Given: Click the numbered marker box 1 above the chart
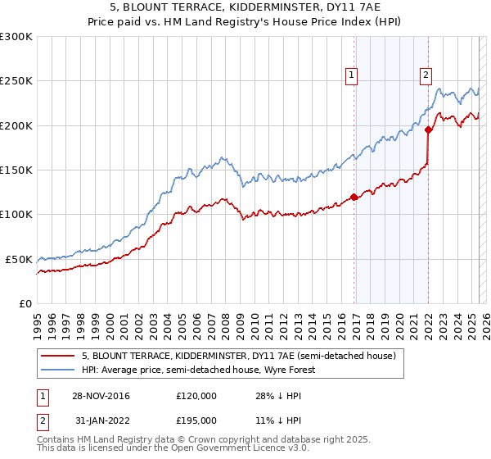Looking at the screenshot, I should (x=351, y=75).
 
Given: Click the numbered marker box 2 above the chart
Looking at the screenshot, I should (x=426, y=75).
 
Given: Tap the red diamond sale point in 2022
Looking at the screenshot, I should (x=429, y=129).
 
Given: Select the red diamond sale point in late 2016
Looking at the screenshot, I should (x=354, y=197).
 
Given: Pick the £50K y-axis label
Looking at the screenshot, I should (x=19, y=259).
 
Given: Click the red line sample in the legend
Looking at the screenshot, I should (x=56, y=356).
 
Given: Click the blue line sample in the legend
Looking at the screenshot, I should (x=56, y=370).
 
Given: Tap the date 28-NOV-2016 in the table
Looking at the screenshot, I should (x=101, y=396).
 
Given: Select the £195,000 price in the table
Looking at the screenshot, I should (x=196, y=420).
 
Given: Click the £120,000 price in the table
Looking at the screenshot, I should (x=196, y=396).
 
